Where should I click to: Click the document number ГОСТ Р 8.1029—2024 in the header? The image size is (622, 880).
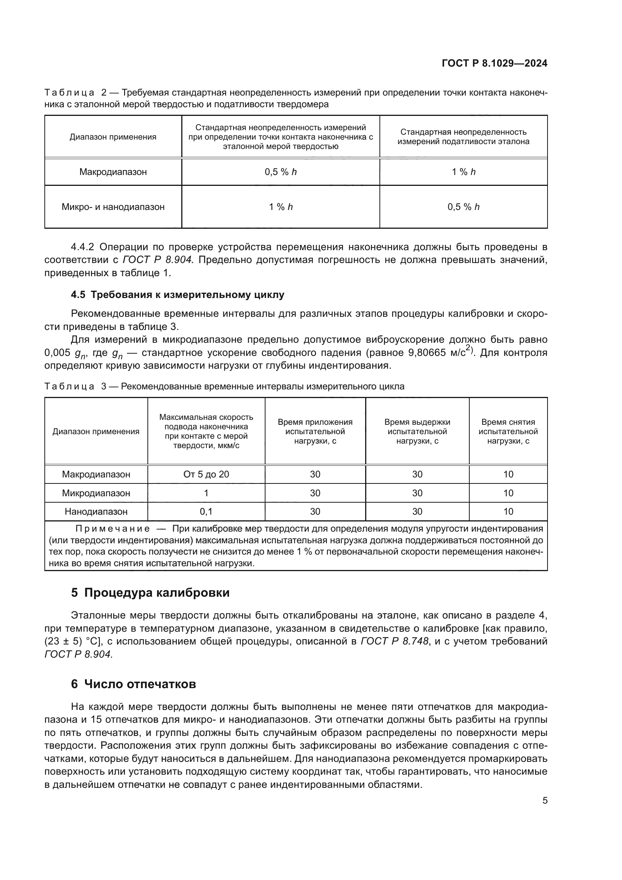pyautogui.click(x=494, y=63)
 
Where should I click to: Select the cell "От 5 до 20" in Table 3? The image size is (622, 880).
pyautogui.click(x=206, y=474)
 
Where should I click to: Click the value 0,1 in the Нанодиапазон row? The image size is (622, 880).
pyautogui.click(x=206, y=511)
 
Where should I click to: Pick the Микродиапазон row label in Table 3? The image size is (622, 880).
pyautogui.click(x=96, y=493)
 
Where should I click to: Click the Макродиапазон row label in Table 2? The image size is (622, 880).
pyautogui.click(x=113, y=172)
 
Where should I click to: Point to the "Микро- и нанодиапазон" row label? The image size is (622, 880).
pyautogui.click(x=113, y=207)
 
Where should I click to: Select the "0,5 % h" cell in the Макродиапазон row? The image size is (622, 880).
pyautogui.click(x=281, y=172)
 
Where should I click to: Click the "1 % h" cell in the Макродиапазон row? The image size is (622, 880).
pyautogui.click(x=463, y=172)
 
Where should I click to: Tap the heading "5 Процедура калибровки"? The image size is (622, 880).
pyautogui.click(x=150, y=593)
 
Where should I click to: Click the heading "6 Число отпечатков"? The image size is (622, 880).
pyautogui.click(x=133, y=684)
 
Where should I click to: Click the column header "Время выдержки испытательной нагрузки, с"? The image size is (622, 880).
pyautogui.click(x=417, y=431)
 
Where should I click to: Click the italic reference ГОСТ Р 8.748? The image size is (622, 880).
pyautogui.click(x=394, y=641)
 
